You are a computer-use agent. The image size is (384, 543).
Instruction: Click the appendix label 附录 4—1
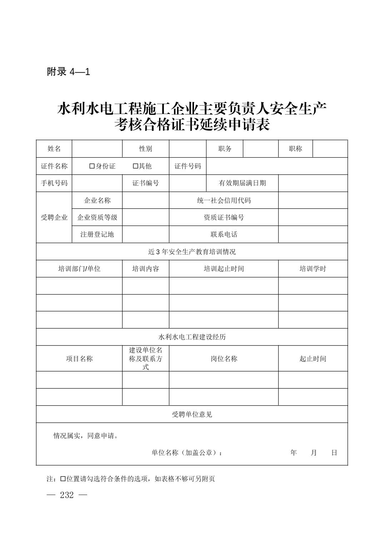coord(68,72)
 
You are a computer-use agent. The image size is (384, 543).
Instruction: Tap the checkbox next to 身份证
coord(92,166)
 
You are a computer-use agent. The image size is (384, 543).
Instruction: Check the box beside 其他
coord(135,166)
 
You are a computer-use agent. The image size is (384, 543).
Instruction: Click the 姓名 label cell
coord(54,149)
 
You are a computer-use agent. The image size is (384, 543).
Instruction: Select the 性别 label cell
coord(146,149)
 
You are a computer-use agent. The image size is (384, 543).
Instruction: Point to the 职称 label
coord(295,149)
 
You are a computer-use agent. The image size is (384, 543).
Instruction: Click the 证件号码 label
coord(188,166)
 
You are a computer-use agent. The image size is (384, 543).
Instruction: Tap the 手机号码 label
coord(54,183)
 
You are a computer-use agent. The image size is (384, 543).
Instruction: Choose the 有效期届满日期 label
coord(242,183)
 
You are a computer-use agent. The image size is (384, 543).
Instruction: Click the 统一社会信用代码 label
coord(224,201)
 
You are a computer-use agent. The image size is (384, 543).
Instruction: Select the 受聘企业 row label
coord(54,217)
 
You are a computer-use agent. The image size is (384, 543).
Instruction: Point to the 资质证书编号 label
coord(224,217)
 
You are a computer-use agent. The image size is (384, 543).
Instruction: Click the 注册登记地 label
coord(97,235)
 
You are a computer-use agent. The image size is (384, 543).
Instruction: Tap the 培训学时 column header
coord(313,269)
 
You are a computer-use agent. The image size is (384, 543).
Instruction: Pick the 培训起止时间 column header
coord(224,269)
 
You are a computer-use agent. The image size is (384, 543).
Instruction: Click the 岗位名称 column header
coord(224,359)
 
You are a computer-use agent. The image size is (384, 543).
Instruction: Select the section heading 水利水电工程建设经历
coord(192,337)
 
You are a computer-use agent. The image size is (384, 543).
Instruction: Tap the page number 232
coord(67,495)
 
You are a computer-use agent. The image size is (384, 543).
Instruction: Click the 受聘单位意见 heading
coord(192,415)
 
